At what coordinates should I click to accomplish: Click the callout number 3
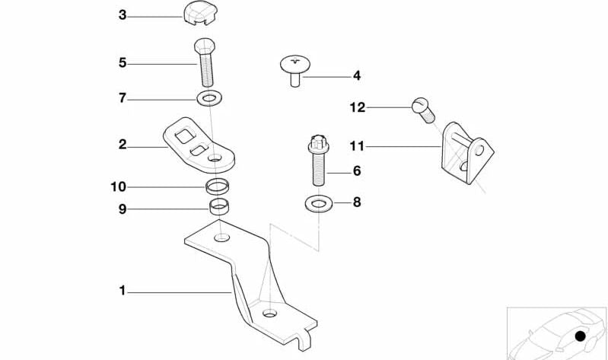[x=123, y=14]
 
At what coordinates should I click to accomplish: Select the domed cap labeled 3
[x=199, y=13]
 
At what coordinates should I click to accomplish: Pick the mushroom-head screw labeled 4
[x=294, y=70]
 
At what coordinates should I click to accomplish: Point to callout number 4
[x=356, y=76]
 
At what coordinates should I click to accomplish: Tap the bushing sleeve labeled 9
[x=220, y=206]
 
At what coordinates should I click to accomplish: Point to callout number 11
[x=357, y=145]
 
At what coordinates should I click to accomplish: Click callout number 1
[x=122, y=290]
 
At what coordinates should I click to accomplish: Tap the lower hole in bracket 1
[x=270, y=313]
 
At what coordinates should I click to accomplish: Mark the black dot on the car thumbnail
[x=581, y=336]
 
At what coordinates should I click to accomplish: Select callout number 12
[x=357, y=107]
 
